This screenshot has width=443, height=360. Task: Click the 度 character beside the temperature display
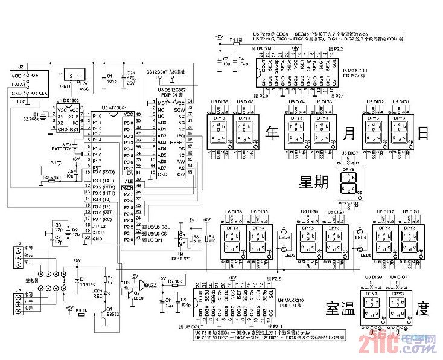click(x=425, y=310)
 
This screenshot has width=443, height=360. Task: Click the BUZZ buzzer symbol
click(x=140, y=284)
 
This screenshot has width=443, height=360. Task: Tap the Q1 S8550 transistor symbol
click(x=101, y=313)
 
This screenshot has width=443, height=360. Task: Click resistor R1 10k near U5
click(x=237, y=40)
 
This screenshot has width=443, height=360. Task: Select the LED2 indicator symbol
click(x=285, y=233)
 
